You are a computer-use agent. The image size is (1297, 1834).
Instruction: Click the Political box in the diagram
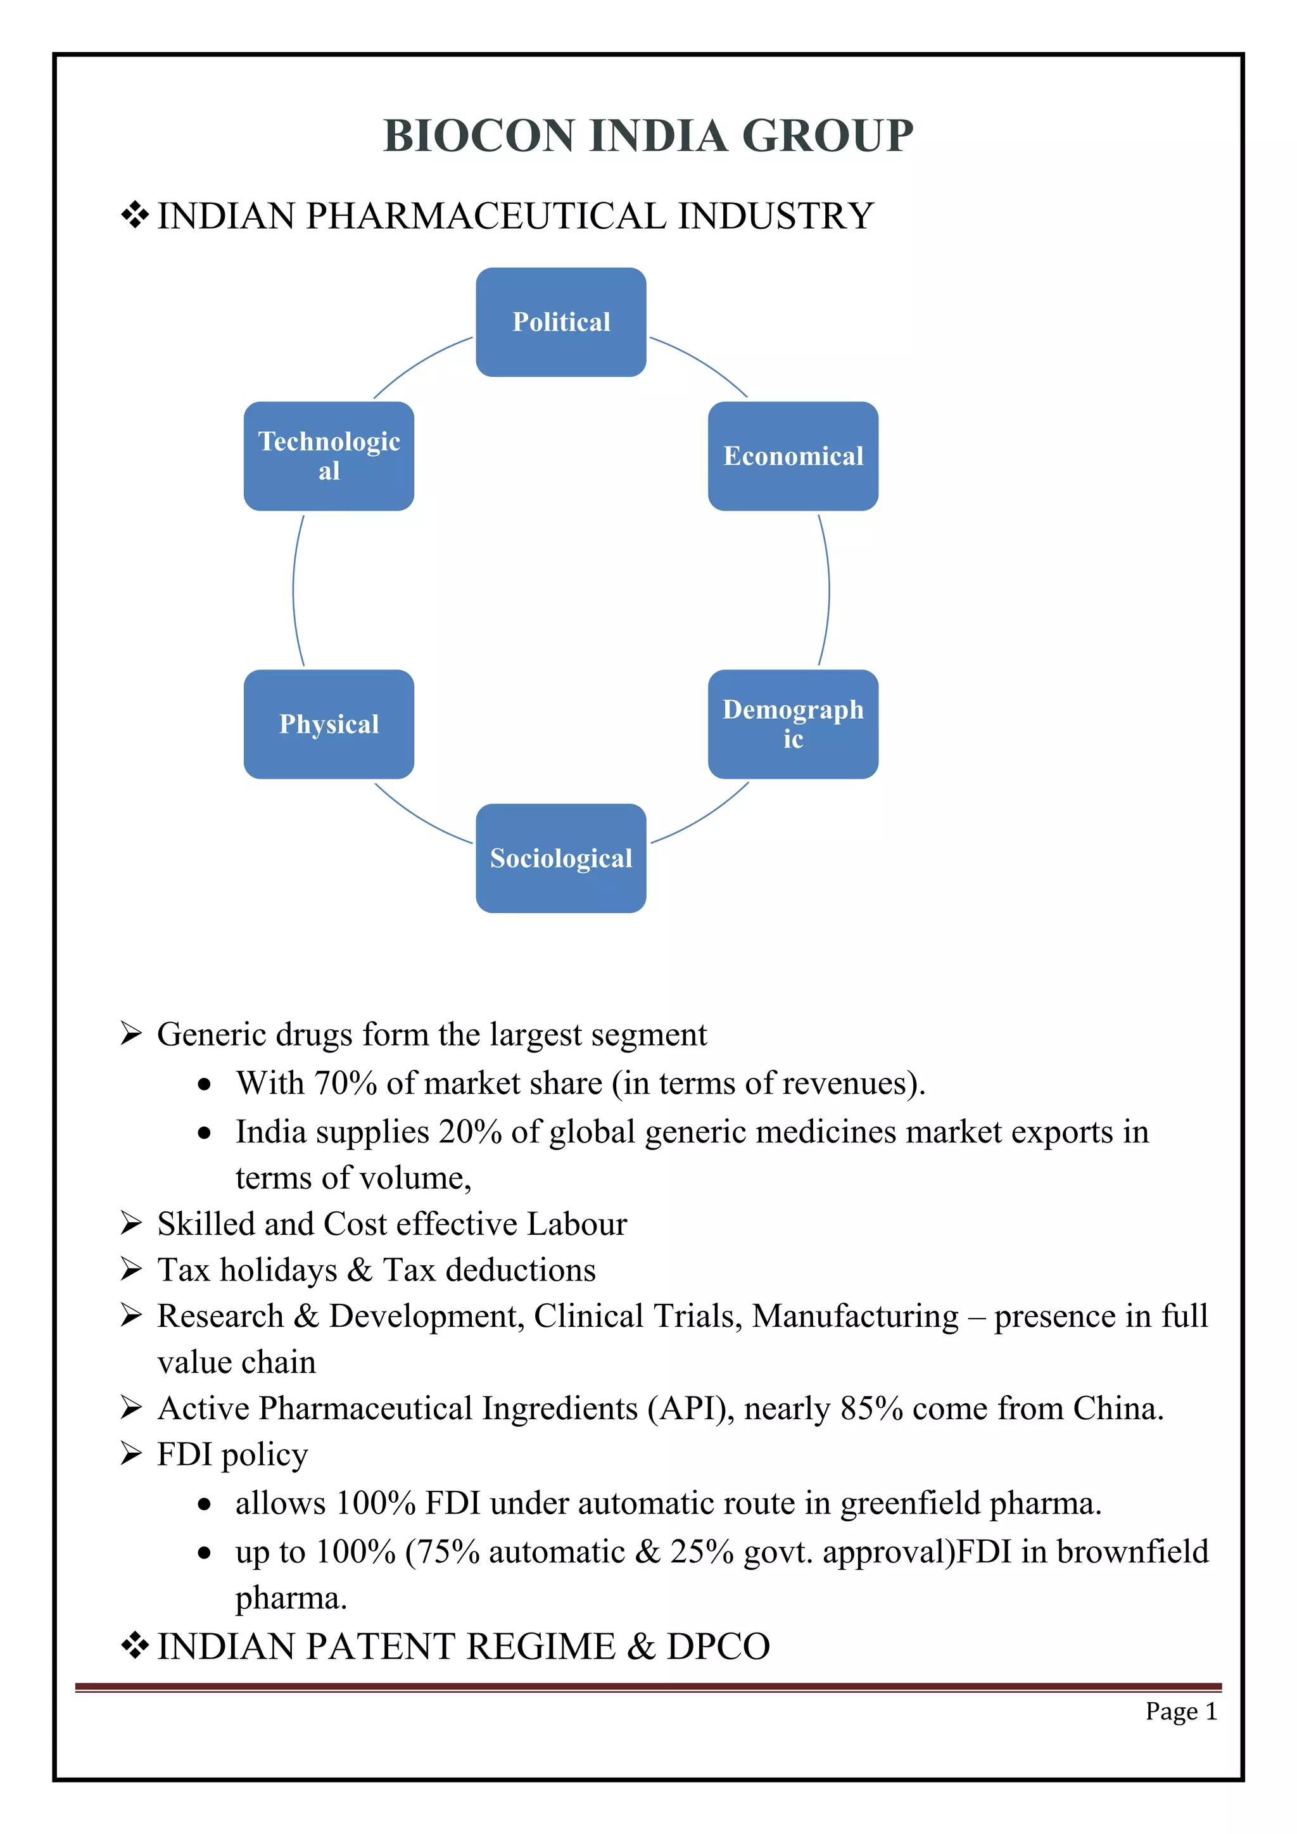point(560,322)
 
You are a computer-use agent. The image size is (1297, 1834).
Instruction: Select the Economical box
point(792,456)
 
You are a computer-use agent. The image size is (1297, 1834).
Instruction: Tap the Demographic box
point(792,724)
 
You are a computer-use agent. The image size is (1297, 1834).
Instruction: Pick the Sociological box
point(560,858)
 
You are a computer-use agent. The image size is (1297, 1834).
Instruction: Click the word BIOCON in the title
point(478,135)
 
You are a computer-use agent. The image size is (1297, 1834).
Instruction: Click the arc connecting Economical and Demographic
point(828,590)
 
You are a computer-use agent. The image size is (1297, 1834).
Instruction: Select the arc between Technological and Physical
point(293,590)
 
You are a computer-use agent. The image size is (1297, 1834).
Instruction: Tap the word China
point(1117,1408)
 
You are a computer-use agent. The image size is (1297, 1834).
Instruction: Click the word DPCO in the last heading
point(718,1647)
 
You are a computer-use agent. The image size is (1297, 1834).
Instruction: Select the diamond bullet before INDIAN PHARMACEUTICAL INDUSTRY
point(135,216)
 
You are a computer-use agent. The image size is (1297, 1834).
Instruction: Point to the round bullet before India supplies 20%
point(205,1134)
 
